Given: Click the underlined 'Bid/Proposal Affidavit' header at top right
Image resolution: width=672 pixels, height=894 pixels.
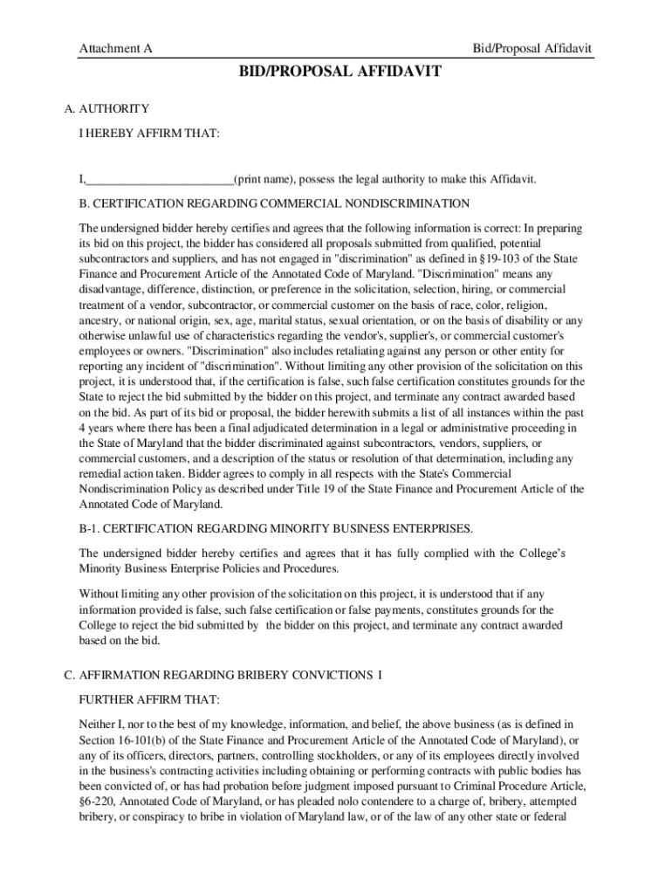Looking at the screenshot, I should click(x=532, y=49).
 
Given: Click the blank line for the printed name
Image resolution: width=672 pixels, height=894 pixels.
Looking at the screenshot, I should click(x=159, y=180).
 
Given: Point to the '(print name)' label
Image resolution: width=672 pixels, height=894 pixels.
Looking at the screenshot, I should click(x=264, y=180).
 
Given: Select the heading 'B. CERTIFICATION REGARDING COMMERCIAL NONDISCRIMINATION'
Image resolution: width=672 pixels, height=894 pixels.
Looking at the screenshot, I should click(x=274, y=203).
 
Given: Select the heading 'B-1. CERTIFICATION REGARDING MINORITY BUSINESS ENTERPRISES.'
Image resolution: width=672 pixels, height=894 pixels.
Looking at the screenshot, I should click(x=276, y=529).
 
